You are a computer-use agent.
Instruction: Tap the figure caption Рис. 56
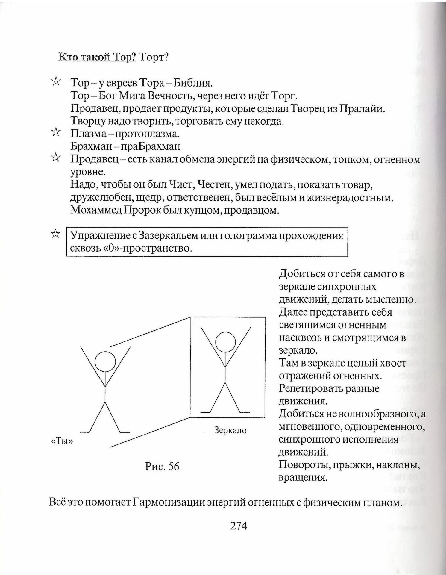tap(162, 466)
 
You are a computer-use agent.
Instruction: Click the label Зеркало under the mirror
tap(230, 430)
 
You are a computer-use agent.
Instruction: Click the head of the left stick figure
tap(105, 362)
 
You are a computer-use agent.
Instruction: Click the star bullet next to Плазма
tap(55, 132)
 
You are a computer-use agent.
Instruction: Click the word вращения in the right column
tap(302, 477)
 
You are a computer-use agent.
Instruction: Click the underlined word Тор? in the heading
tap(123, 57)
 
